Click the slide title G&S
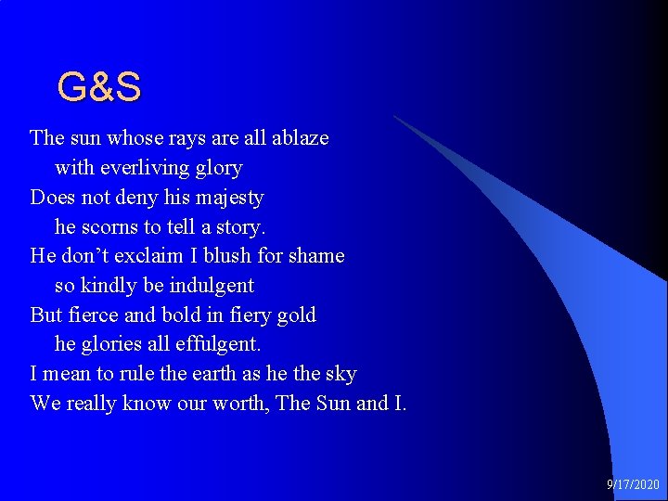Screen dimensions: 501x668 98,87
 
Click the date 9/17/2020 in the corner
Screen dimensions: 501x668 634,484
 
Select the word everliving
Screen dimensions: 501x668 141,168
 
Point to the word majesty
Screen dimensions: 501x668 230,198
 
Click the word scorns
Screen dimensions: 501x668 112,226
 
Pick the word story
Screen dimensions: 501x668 240,226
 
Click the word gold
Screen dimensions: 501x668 297,315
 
